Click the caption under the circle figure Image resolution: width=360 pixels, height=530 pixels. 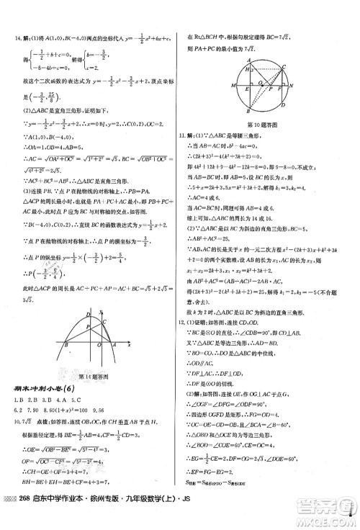tap(261, 124)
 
